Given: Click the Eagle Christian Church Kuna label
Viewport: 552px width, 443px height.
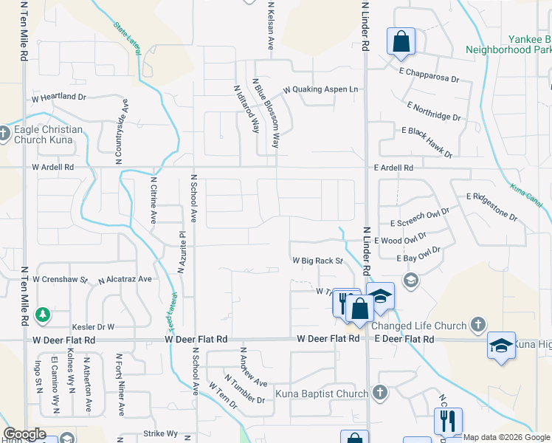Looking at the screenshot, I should click(x=49, y=134).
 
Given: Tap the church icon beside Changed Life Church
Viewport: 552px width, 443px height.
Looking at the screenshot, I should click(x=478, y=324).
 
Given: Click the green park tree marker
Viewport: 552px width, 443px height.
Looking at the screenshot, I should click(x=44, y=315).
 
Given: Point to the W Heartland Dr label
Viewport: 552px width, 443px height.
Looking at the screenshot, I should click(x=58, y=97).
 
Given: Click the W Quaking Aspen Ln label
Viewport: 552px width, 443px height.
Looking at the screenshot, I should click(x=321, y=90).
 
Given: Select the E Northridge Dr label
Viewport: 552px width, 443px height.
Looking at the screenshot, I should click(x=432, y=111).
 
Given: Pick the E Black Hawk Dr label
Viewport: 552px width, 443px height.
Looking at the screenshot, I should click(x=427, y=141).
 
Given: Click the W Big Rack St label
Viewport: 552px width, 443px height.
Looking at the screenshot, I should click(x=318, y=261).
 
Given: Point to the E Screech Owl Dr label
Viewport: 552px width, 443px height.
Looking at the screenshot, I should click(x=420, y=222).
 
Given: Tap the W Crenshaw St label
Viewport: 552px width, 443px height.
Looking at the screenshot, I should click(x=61, y=281).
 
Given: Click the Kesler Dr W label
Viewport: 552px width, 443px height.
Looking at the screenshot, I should click(x=92, y=326).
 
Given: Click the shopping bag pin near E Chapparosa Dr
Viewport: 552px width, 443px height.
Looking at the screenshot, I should click(x=401, y=42).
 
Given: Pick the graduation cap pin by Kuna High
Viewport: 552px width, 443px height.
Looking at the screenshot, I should click(x=501, y=346).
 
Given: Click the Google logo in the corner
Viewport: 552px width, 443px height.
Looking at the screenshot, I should click(x=24, y=434).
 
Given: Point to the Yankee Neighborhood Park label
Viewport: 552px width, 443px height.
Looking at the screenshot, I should click(x=508, y=44).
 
